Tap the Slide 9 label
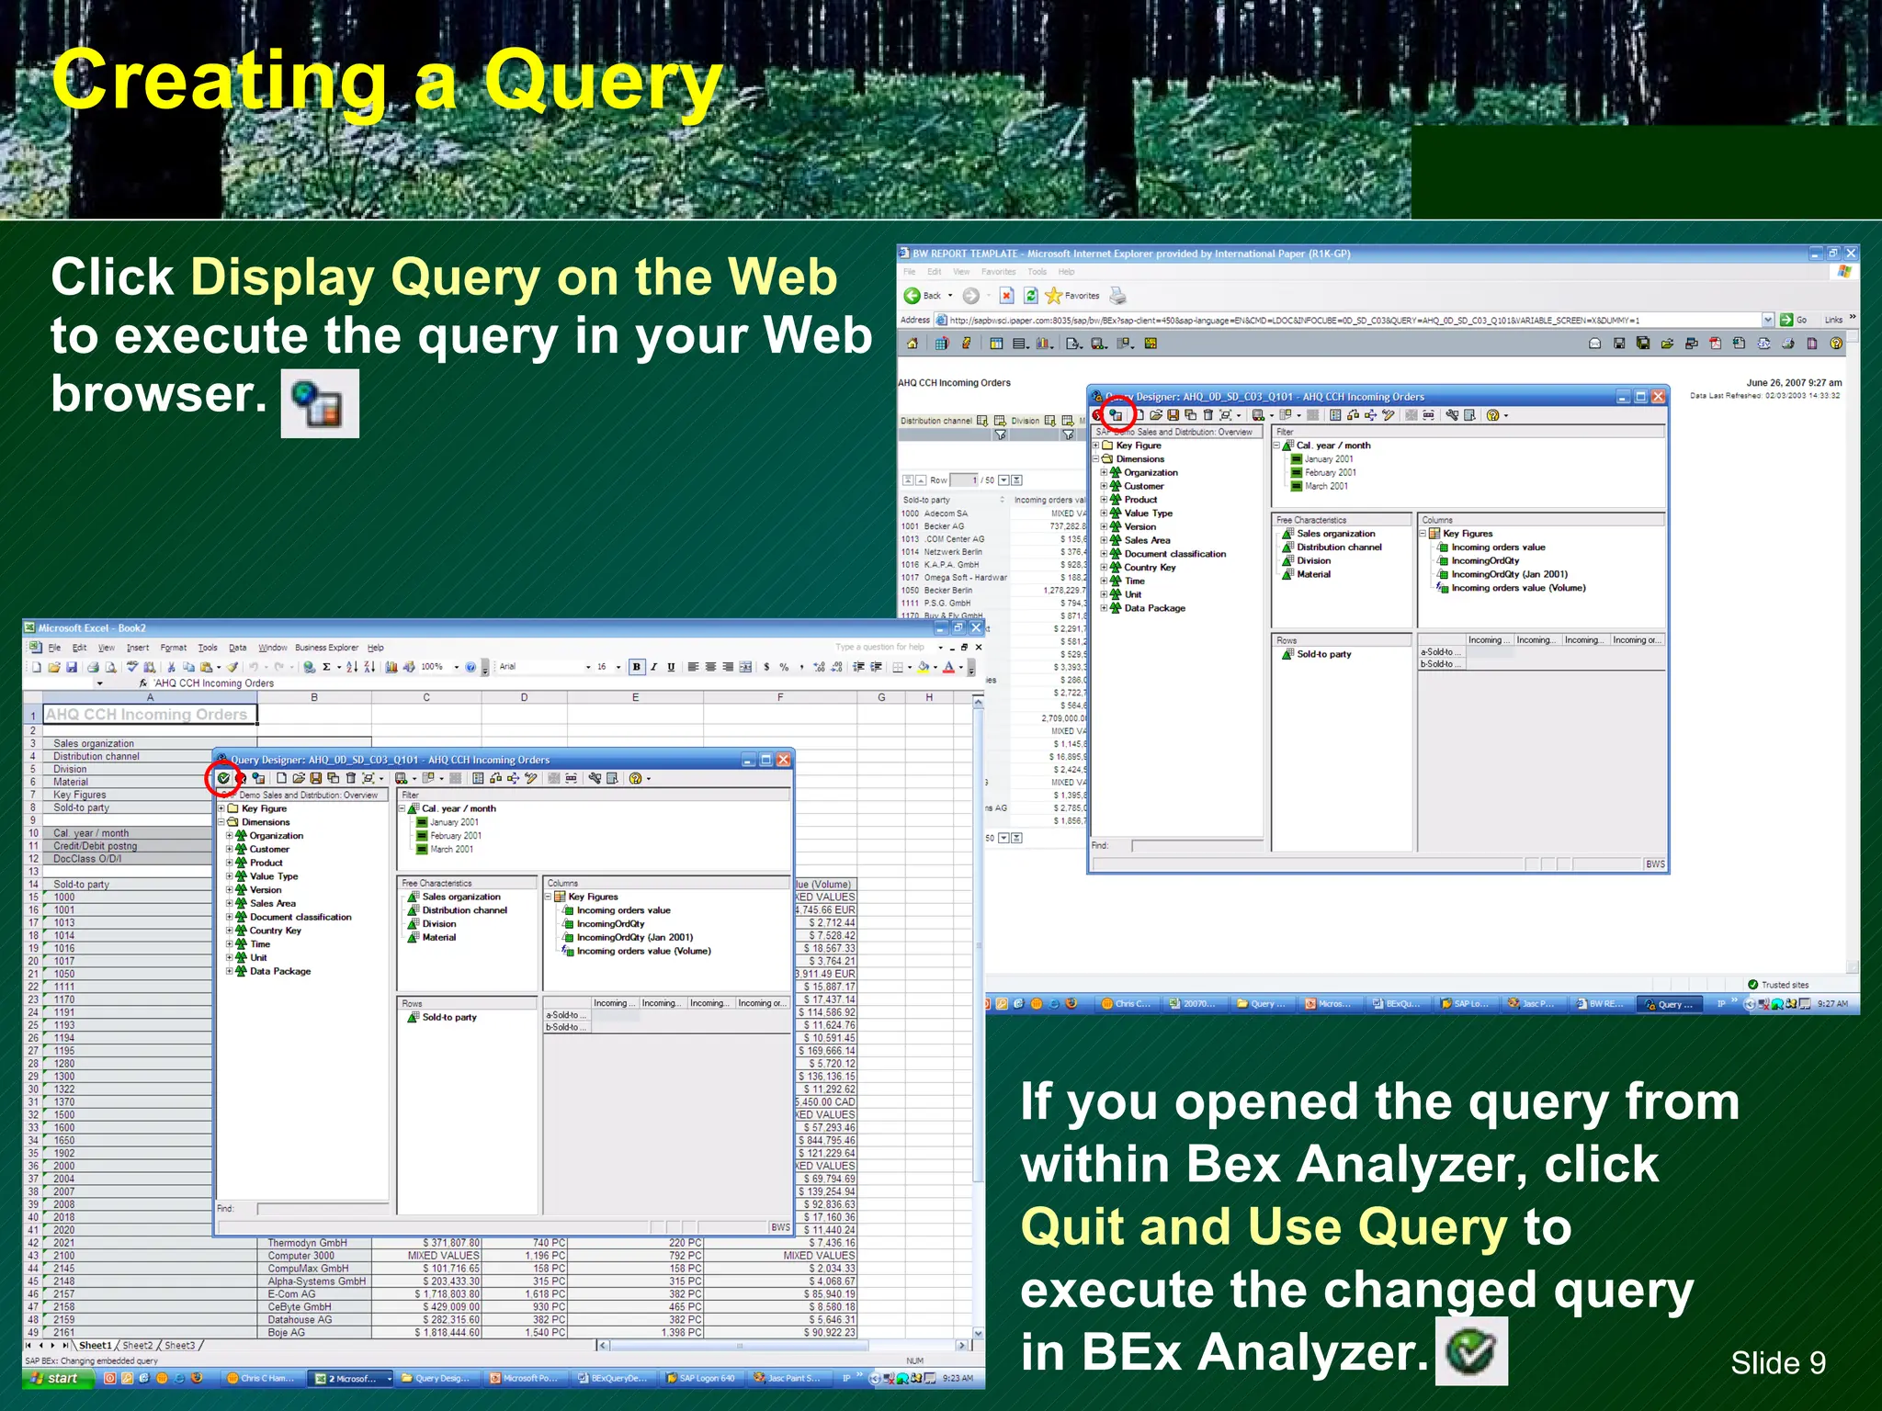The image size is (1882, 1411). [1777, 1362]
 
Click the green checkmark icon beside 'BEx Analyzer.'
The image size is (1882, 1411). [1471, 1351]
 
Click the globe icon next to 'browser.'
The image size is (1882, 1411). [319, 403]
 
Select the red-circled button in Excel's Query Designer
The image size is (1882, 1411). [223, 778]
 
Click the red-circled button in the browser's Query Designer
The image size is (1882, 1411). [1117, 415]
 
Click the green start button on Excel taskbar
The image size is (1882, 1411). [57, 1378]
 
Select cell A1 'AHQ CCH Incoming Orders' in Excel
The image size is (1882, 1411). [147, 715]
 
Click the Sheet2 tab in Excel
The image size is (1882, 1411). [137, 1345]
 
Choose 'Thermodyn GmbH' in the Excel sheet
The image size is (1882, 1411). [307, 1243]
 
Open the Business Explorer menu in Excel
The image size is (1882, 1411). [326, 648]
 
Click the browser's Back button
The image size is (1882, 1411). [923, 296]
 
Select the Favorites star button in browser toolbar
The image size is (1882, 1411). [1072, 296]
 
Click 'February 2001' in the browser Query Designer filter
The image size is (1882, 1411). [1330, 472]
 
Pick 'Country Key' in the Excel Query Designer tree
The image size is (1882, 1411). [275, 931]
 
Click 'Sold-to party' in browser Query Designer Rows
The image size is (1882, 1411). [1323, 654]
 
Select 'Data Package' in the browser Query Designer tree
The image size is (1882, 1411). [1154, 608]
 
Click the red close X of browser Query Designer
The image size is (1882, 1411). [1658, 397]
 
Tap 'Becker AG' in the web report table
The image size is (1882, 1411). [944, 526]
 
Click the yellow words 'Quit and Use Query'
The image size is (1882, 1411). [1264, 1227]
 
